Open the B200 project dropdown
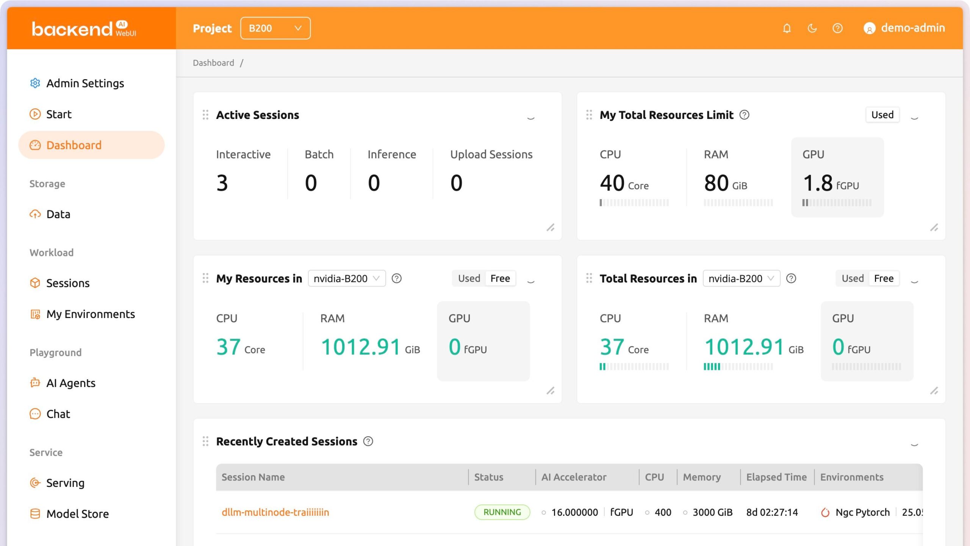pos(275,28)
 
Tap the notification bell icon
pos(787,28)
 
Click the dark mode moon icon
pos(812,28)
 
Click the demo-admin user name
pos(913,28)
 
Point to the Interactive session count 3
pos(222,183)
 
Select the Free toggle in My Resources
pos(500,278)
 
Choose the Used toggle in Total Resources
pos(853,278)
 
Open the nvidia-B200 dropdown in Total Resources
pos(741,278)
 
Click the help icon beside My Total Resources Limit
pos(744,115)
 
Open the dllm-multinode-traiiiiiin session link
pos(275,512)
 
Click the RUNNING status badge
pos(502,512)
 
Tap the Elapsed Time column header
pos(776,477)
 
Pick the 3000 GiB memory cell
pos(712,512)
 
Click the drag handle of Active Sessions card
pos(205,115)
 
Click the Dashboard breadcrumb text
pos(213,63)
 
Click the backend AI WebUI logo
pos(84,29)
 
